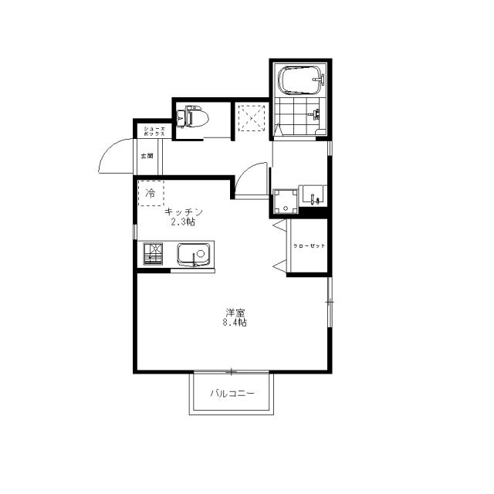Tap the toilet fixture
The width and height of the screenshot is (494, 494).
tap(192, 118)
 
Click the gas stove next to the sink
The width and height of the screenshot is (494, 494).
tap(153, 254)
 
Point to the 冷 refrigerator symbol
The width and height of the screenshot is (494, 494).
tap(150, 192)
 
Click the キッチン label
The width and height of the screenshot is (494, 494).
tap(183, 212)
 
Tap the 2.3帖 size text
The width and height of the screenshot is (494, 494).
tap(183, 222)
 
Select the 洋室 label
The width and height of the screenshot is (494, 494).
tap(235, 313)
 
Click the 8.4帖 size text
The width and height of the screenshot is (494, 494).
tap(235, 323)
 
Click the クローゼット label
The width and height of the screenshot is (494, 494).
tap(310, 246)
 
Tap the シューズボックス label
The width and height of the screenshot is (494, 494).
tap(148, 131)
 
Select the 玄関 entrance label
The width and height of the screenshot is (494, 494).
tap(147, 156)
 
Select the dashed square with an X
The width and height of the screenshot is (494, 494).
tap(251, 118)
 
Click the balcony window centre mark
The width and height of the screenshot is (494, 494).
tap(229, 372)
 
